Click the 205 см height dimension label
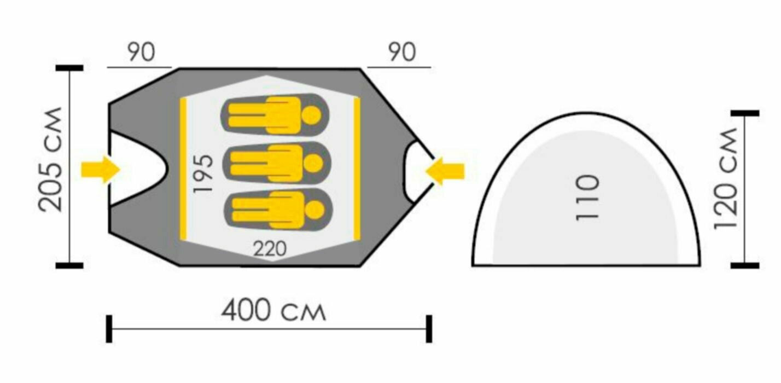(x=51, y=160)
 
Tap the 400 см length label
(x=273, y=311)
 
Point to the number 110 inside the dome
(x=588, y=198)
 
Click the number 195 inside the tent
(x=203, y=173)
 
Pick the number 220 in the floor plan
(x=270, y=249)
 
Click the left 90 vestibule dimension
(x=142, y=53)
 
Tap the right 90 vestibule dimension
(x=402, y=53)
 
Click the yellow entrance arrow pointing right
(x=100, y=169)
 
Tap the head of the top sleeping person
(x=312, y=115)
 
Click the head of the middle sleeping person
(x=312, y=163)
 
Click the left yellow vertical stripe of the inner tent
(x=183, y=169)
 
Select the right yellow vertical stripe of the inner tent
(x=357, y=169)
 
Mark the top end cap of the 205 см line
(x=69, y=68)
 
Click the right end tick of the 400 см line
(x=429, y=329)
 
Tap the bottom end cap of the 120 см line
(x=745, y=265)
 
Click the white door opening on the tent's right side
(x=418, y=170)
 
